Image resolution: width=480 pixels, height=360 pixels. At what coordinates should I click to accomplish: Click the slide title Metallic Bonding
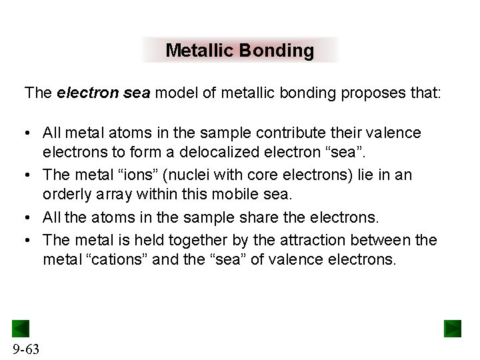click(239, 51)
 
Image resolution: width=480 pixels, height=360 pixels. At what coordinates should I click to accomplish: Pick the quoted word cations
click(117, 259)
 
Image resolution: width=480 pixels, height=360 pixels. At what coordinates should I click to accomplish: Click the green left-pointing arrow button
click(21, 329)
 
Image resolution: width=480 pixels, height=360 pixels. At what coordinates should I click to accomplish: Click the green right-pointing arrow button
click(453, 329)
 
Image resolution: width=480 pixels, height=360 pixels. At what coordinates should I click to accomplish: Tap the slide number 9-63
click(25, 348)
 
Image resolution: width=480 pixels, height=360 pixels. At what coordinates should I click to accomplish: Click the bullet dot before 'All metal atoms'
click(29, 133)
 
